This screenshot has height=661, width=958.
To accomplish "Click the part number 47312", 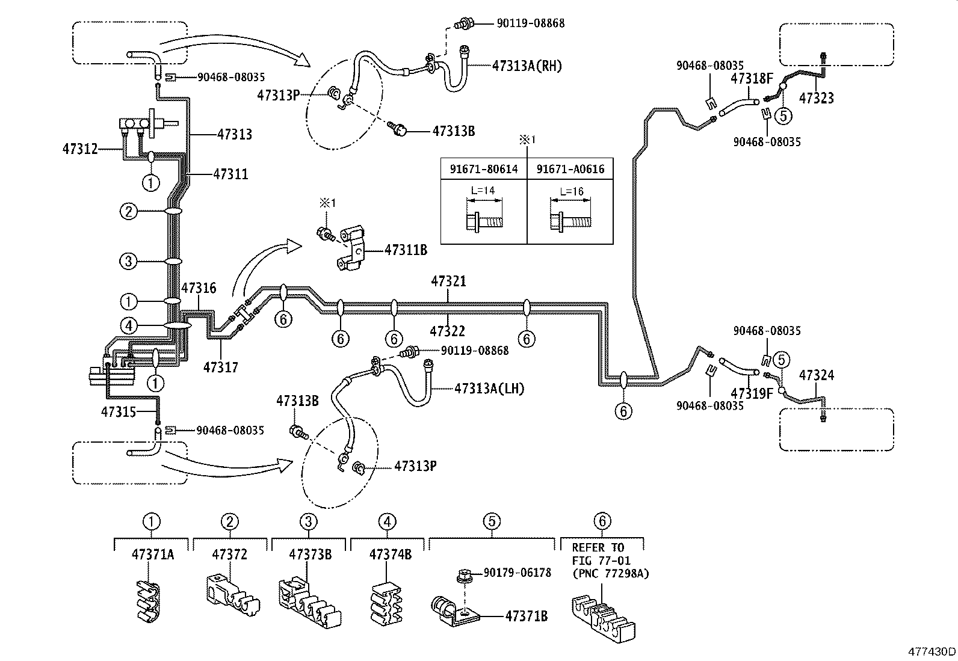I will coord(80,147).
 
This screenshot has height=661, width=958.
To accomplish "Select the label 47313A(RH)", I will coord(527,66).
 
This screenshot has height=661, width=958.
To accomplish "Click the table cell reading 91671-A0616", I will coord(570,169).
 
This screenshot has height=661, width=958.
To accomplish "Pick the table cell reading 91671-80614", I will coord(483,169).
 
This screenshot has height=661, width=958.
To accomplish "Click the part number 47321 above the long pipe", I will coord(448,281).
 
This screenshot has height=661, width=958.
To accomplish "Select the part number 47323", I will coord(817,98).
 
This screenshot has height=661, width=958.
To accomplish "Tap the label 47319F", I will coord(751,393).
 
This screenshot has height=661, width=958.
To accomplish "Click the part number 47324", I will coord(817,375).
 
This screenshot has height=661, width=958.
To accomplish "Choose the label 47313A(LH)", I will coord(489,389).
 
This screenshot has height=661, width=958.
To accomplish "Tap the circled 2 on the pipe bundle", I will coord(128,212).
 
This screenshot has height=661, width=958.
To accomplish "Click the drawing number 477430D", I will coord(932,651).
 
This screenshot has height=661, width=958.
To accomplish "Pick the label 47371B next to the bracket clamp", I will coord(526,616).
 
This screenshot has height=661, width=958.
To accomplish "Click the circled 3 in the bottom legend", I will coord(307,521).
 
